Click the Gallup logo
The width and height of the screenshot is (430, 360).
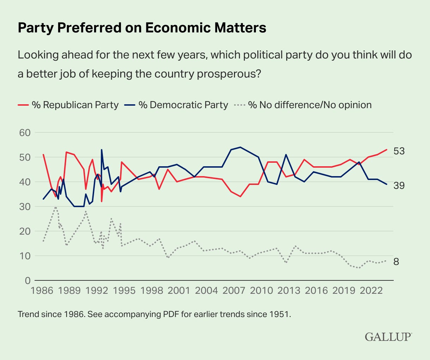[388, 337]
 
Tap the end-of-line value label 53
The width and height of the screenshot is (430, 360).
[399, 151]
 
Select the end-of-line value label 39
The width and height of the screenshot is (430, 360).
[399, 186]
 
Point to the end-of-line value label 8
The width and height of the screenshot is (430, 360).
[396, 262]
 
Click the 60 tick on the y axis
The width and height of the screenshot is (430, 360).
[25, 133]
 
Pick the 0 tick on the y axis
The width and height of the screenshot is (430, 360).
[27, 280]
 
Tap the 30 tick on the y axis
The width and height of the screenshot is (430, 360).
[25, 207]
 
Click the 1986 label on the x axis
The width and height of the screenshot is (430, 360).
[42, 291]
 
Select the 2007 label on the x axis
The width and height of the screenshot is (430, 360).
[234, 291]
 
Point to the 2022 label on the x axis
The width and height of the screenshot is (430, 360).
[371, 291]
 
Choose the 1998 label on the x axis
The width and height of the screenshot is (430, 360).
[152, 291]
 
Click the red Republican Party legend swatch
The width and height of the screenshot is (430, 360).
[23, 105]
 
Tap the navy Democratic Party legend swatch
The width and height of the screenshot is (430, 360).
[130, 105]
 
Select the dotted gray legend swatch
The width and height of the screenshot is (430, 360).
[240, 105]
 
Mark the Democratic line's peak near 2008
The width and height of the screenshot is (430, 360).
[240, 147]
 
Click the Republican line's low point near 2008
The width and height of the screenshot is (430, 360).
[240, 197]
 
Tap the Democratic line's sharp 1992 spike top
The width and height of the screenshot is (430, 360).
[102, 150]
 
